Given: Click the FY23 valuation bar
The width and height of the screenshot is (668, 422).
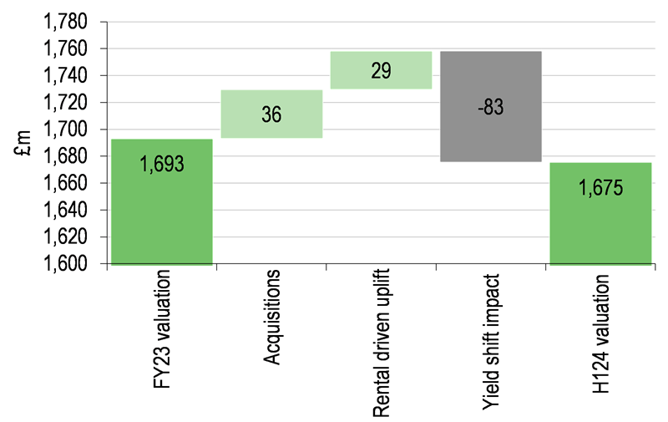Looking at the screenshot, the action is (x=162, y=202).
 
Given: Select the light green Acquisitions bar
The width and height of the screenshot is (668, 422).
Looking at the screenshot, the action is (x=271, y=114).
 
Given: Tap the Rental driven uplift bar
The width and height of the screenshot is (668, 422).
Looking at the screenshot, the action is (x=382, y=70).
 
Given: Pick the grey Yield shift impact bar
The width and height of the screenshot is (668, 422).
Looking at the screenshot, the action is (x=491, y=107).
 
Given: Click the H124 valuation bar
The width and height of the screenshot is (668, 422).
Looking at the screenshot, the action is (x=600, y=214).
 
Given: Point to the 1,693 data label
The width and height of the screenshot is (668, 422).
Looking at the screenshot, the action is (x=162, y=164).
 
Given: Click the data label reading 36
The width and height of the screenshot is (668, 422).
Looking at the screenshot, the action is (x=271, y=114).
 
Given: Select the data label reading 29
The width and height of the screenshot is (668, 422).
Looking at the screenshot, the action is (x=381, y=70).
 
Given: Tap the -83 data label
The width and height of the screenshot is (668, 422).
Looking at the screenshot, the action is (x=491, y=107).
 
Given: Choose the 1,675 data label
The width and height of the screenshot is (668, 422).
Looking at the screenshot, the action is (x=600, y=187).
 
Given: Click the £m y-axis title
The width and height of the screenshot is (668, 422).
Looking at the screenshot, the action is (x=24, y=143).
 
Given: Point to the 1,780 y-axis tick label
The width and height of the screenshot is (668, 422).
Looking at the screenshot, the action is (x=66, y=22).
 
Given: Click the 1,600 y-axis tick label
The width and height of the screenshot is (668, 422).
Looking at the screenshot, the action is (x=66, y=263).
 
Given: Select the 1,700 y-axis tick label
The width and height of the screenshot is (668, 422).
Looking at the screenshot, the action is (x=66, y=130).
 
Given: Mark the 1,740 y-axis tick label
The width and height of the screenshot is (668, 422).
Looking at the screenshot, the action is (x=66, y=75).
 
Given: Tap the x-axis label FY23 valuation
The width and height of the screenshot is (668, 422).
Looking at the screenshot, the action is (x=162, y=329).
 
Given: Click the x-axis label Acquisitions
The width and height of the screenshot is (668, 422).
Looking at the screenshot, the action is (x=271, y=318).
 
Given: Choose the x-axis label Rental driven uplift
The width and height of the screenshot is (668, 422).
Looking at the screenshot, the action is (x=382, y=343).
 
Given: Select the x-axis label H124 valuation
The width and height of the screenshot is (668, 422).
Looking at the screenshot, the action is (x=600, y=333).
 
